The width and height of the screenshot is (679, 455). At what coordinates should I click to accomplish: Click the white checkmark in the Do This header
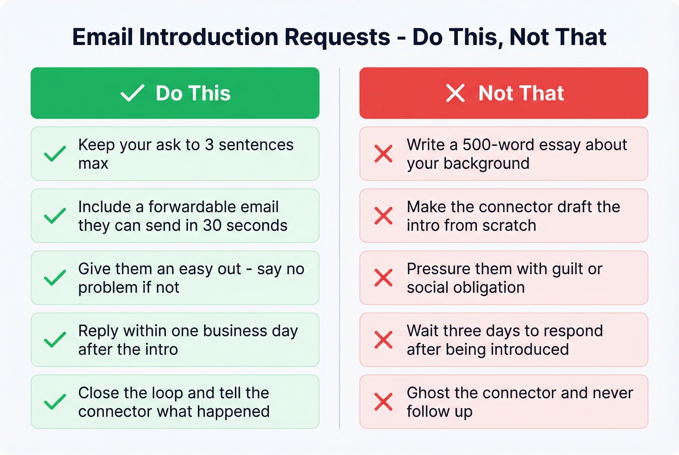[x=132, y=93]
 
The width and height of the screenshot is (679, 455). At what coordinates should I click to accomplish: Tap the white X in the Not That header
[x=455, y=93]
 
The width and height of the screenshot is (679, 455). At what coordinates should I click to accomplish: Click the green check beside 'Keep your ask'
[x=55, y=154]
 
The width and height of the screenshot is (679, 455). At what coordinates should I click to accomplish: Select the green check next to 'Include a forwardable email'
[x=55, y=216]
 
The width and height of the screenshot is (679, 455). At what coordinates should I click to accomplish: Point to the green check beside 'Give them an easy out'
[x=55, y=278]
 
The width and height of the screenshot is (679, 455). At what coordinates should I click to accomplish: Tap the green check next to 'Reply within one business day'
[x=55, y=340]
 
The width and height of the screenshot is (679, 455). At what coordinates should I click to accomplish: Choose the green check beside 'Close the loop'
[x=55, y=402]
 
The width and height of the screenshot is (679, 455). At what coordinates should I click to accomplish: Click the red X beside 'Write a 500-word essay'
[x=383, y=154]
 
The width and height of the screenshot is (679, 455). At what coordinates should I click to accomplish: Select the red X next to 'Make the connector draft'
[x=383, y=216]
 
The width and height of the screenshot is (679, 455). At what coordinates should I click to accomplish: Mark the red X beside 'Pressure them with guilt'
[x=383, y=278]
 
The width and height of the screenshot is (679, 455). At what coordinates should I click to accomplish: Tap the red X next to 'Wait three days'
[x=383, y=340]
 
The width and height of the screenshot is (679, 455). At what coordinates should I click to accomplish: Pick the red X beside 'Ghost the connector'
[x=383, y=402]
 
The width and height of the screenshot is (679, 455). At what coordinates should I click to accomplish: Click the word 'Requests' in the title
[x=337, y=37]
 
